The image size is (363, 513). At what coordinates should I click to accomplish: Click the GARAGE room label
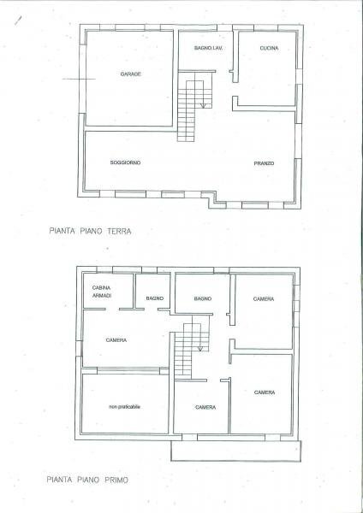[130, 74]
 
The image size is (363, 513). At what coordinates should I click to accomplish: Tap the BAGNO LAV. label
[208, 48]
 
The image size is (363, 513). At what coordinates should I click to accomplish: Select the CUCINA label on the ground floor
[270, 48]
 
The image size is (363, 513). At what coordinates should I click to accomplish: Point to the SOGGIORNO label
[125, 162]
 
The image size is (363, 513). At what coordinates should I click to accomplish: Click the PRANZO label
[264, 162]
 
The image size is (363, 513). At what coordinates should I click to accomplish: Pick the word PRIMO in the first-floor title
[115, 481]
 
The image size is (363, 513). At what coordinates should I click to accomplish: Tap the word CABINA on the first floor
[102, 289]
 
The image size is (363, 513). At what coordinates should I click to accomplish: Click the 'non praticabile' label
[124, 406]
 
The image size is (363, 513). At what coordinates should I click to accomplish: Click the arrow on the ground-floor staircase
[203, 104]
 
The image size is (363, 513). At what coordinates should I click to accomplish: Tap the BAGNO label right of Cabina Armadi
[154, 298]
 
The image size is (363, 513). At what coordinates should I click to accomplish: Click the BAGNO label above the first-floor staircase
[202, 298]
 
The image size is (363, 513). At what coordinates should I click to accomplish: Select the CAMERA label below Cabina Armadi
[116, 340]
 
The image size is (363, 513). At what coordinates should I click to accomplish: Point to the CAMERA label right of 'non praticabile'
[205, 407]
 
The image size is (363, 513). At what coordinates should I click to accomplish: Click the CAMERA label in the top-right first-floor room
[264, 298]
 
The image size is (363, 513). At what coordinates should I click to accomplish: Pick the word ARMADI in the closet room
[102, 297]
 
